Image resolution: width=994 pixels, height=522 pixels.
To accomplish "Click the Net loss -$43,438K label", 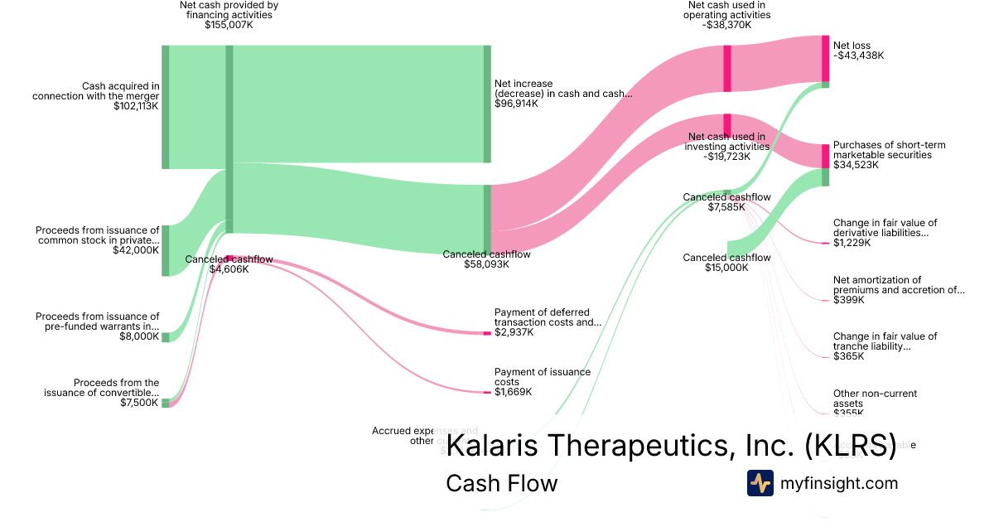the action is coord(858,51).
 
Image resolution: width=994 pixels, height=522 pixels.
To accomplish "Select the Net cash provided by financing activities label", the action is coord(229,15).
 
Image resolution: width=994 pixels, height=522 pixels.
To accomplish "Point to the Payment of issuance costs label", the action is coord(543,377).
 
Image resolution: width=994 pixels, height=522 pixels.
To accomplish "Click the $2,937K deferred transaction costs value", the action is coord(514,332).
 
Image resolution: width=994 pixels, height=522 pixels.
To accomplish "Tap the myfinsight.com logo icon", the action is coord(760,483).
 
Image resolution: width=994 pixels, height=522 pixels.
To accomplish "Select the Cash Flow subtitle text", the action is coord(501,483).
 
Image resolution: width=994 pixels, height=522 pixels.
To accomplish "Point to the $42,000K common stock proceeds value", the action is coord(136,249).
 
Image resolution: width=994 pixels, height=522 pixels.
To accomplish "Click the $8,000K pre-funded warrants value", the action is coord(139,336).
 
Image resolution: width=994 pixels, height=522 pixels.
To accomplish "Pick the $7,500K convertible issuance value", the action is coord(139,403).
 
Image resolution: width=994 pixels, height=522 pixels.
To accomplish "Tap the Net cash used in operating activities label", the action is coord(728,15).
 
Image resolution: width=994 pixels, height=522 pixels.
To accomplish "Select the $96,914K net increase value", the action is coord(517,104).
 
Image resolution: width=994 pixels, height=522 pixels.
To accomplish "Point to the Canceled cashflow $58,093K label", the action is coord(486,259).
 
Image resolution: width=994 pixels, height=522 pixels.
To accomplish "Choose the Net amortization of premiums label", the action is coord(899,285).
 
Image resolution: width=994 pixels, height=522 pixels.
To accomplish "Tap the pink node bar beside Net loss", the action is coord(825,58).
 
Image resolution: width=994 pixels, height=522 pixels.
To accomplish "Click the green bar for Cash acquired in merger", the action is coord(166,108).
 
